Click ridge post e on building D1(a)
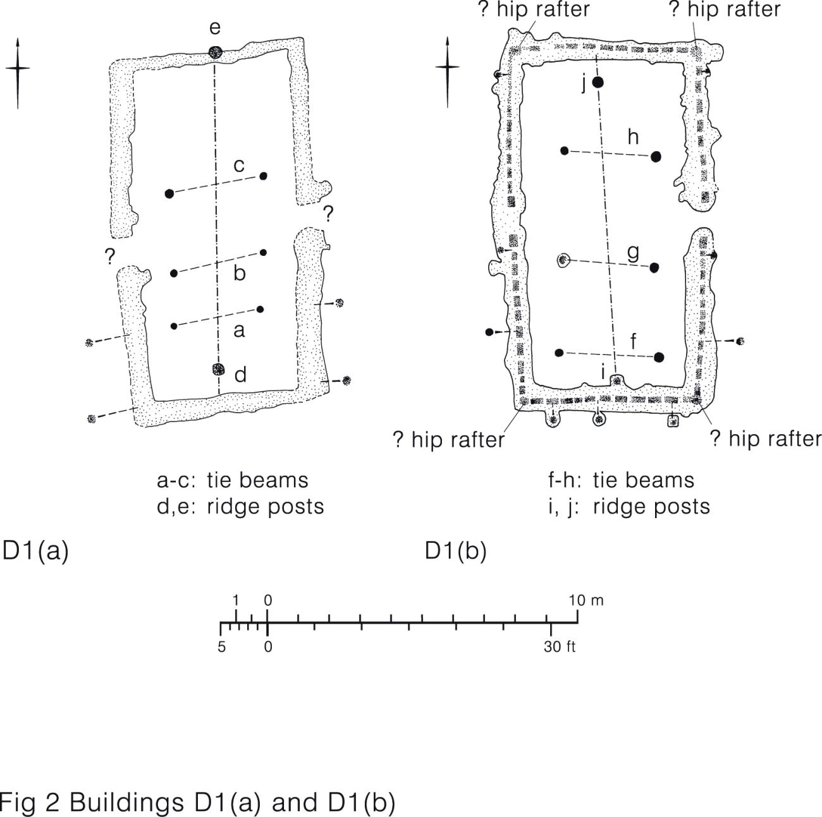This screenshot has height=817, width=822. point(215,52)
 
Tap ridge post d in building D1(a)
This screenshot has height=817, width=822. point(219,370)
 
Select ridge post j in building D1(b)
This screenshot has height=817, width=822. point(598,82)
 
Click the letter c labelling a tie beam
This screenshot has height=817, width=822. point(239,166)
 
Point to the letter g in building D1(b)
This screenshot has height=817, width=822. point(633,252)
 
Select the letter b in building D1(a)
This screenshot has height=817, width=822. point(239,273)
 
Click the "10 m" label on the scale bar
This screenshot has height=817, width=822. point(586,600)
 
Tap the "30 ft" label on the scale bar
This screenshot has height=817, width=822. point(559,647)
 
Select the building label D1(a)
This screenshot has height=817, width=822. point(35,550)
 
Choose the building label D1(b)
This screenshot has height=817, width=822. point(455,550)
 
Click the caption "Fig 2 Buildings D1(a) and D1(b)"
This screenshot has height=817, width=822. point(197,802)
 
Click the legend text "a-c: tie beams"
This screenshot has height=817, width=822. point(233,480)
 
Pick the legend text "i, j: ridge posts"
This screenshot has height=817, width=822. point(629,506)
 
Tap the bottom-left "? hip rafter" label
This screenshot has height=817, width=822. point(448,440)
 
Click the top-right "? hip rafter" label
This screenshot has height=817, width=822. point(725,9)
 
